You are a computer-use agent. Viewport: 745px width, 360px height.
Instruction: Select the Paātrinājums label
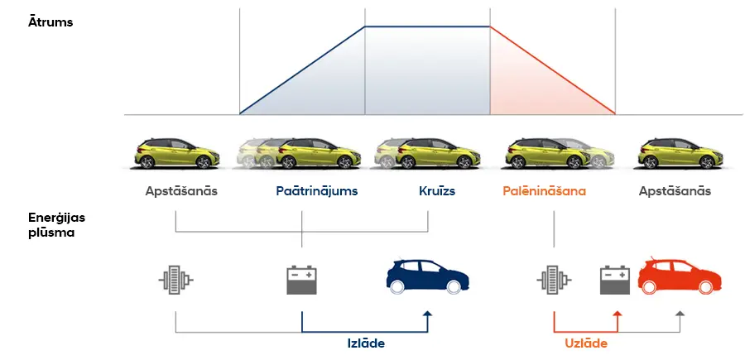pos(317,191)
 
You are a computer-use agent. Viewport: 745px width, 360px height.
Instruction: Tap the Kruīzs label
pos(437,191)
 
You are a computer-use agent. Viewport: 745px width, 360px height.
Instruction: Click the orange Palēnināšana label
pos(544,191)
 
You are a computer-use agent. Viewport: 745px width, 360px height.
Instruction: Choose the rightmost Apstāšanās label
pos(675,191)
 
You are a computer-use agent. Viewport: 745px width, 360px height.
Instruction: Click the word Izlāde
pos(365,343)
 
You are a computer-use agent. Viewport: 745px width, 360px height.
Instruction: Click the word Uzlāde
pos(587,343)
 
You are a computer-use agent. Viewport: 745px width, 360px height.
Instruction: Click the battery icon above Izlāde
pos(301,279)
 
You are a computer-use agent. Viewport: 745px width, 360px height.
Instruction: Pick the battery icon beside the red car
pos(616,279)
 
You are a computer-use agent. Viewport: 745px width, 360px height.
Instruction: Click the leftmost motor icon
pos(176,279)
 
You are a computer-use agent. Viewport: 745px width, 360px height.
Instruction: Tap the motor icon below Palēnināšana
pos(553,279)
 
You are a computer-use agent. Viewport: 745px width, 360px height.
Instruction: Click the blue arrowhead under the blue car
pos(428,315)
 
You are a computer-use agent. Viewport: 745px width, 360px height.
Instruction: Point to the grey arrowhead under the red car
pos(680,315)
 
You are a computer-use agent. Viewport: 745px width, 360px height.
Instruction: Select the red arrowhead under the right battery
pos(616,315)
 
